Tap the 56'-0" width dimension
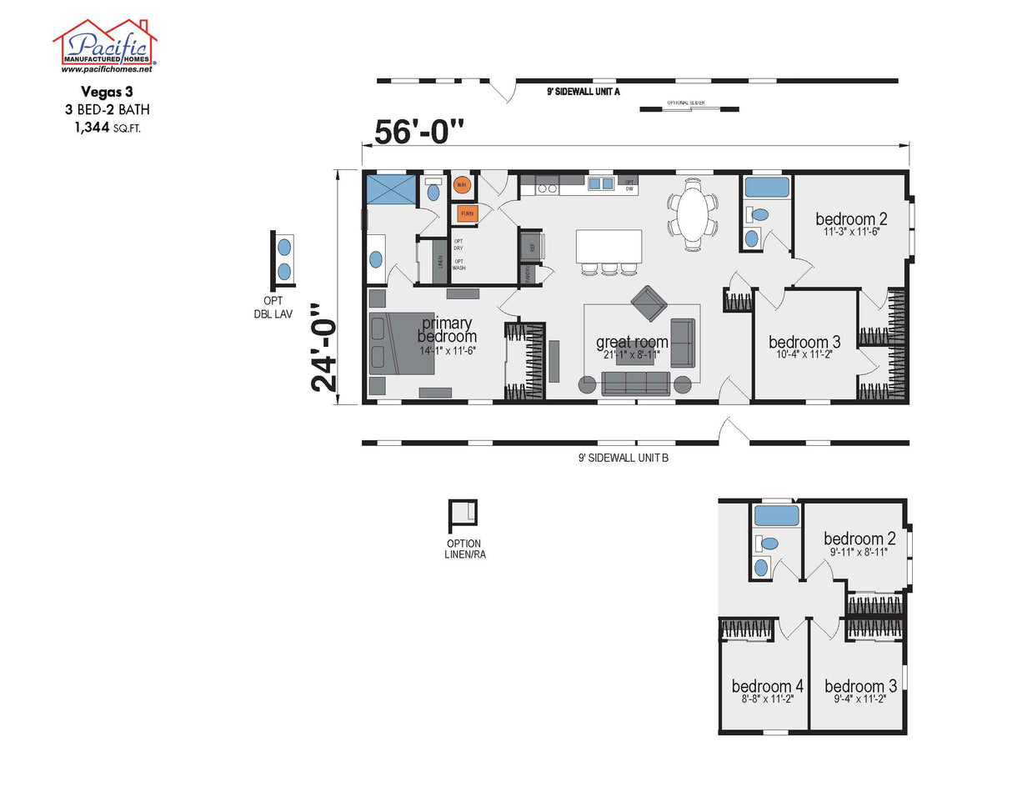click(x=418, y=133)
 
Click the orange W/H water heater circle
click(x=462, y=185)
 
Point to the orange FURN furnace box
click(x=467, y=213)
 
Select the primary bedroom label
click(x=447, y=329)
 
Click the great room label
click(x=632, y=342)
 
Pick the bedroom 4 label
click(x=767, y=686)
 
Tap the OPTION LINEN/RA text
click(x=464, y=549)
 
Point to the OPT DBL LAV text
click(x=273, y=308)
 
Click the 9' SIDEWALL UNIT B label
click(x=624, y=457)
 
